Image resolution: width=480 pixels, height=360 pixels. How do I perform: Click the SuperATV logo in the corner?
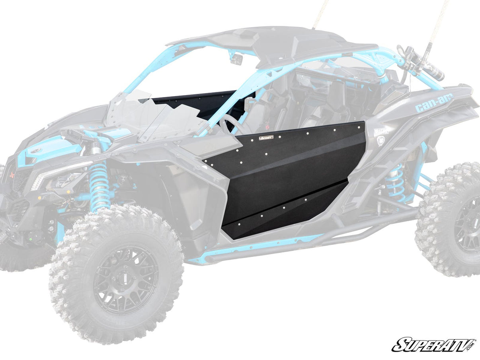pos(433,344)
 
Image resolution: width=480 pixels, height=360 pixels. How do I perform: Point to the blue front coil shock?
pos(98,185)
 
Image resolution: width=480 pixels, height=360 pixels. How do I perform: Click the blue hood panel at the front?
pos(48,149)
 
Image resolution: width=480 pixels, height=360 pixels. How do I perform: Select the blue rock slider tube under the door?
pos(255,251)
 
